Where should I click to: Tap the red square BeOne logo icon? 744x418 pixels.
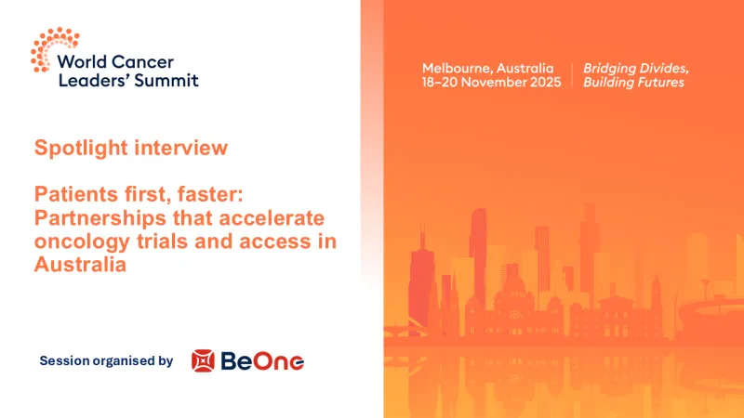click(x=203, y=360)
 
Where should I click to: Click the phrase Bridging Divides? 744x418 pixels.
click(x=635, y=68)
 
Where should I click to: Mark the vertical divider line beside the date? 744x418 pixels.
click(x=570, y=75)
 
